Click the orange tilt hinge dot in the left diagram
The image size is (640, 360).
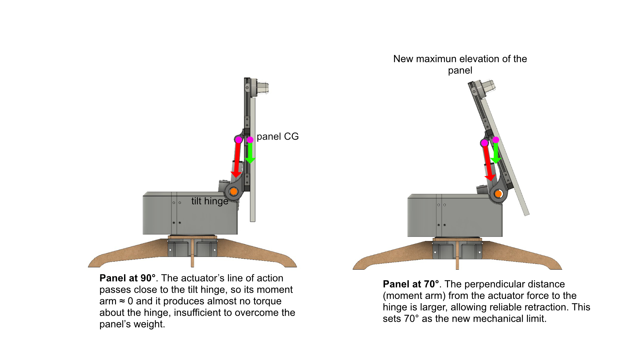(x=234, y=191)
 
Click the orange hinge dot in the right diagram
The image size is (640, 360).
(x=498, y=194)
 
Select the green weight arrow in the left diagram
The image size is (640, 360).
(x=250, y=153)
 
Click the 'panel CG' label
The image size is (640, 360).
(x=277, y=137)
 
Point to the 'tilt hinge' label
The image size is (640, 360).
(x=210, y=201)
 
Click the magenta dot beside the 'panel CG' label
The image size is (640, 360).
(x=250, y=140)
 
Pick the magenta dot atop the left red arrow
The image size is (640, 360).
(x=239, y=140)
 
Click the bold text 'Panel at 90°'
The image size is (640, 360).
(x=127, y=278)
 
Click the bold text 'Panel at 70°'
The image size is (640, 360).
(x=411, y=284)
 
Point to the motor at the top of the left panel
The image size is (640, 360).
(x=261, y=88)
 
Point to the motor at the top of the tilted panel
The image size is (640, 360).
(x=486, y=87)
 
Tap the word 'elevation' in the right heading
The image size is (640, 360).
(x=479, y=59)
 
